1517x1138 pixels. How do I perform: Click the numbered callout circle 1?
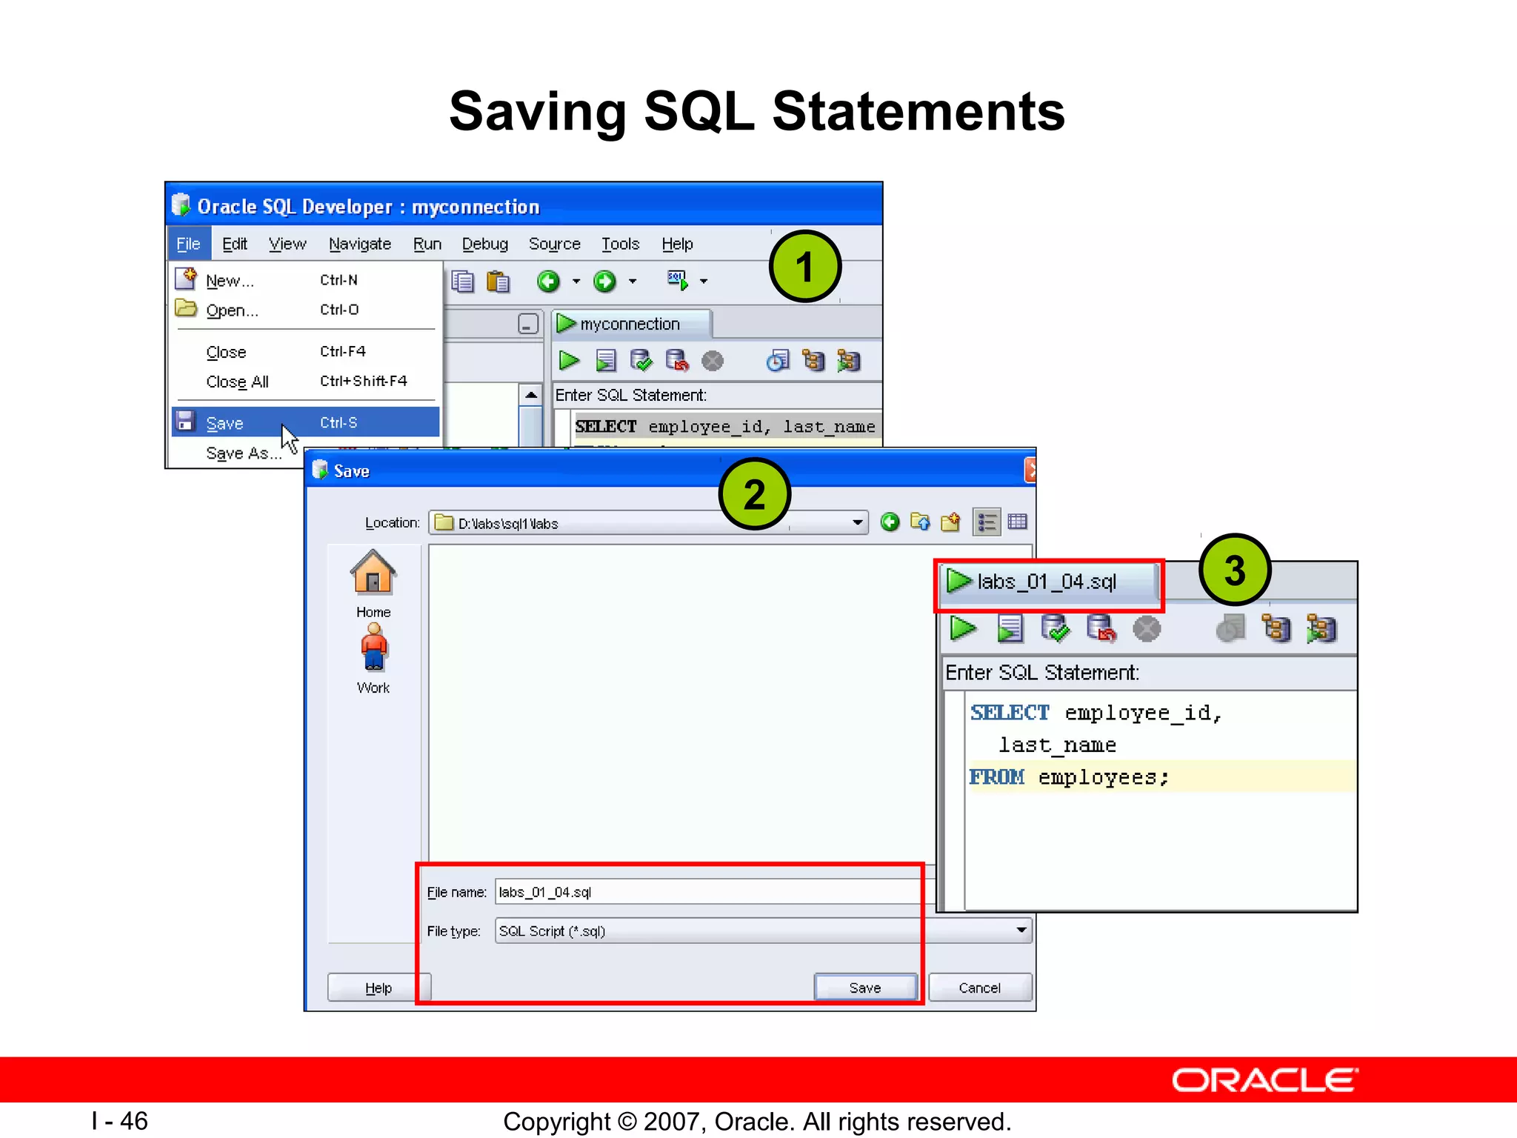point(804,267)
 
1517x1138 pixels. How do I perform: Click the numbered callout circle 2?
point(754,494)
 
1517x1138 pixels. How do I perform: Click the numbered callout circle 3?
point(1234,570)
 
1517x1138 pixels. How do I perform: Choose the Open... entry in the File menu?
point(232,310)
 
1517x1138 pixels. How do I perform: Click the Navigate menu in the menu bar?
point(360,244)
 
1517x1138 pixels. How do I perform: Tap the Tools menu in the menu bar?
point(620,244)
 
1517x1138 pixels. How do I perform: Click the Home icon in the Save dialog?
point(373,573)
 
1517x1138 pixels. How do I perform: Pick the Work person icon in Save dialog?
point(373,648)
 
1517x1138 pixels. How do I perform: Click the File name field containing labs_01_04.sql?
point(704,892)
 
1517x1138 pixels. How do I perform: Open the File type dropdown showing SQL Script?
point(763,931)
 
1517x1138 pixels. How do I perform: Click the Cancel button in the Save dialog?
point(979,988)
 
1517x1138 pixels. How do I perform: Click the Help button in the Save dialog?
point(378,988)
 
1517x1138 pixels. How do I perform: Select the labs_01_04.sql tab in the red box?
point(1046,582)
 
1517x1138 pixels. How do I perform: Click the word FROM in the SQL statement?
point(997,777)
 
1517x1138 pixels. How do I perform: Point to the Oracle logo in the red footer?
point(1265,1080)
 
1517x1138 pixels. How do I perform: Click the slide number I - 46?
point(120,1121)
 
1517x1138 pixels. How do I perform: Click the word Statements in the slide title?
point(918,111)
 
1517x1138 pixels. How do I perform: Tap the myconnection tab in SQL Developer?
point(630,324)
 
